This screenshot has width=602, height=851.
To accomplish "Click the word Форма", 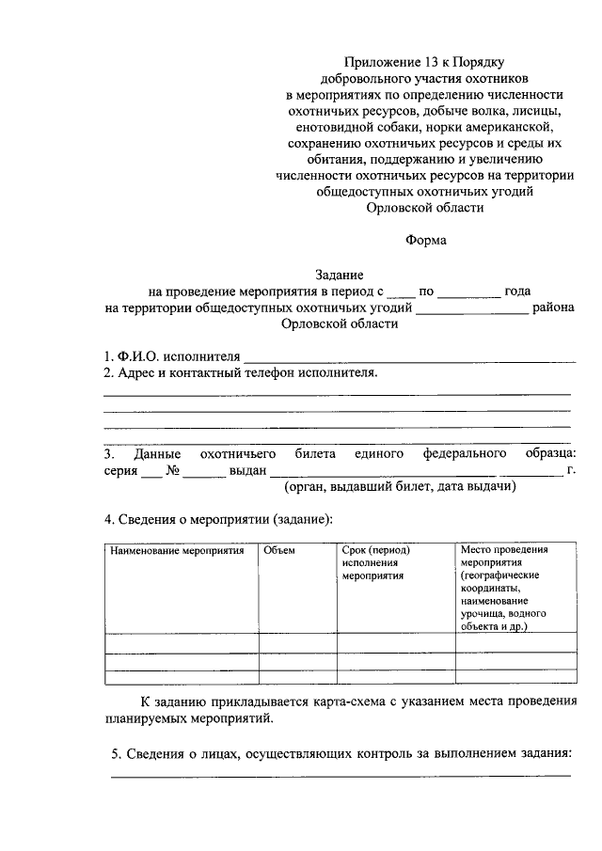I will click(x=425, y=239).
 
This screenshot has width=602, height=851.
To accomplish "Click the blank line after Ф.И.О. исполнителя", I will click(x=409, y=357).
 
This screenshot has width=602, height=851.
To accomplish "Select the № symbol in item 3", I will click(x=173, y=471).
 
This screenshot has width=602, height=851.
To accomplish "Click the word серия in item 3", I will click(x=120, y=471).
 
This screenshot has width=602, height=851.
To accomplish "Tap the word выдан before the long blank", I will click(x=248, y=471).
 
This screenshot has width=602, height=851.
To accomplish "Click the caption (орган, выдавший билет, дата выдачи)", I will click(x=400, y=488).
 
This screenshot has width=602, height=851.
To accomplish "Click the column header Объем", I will click(x=279, y=550).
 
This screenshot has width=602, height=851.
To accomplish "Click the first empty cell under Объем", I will click(x=297, y=642).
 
